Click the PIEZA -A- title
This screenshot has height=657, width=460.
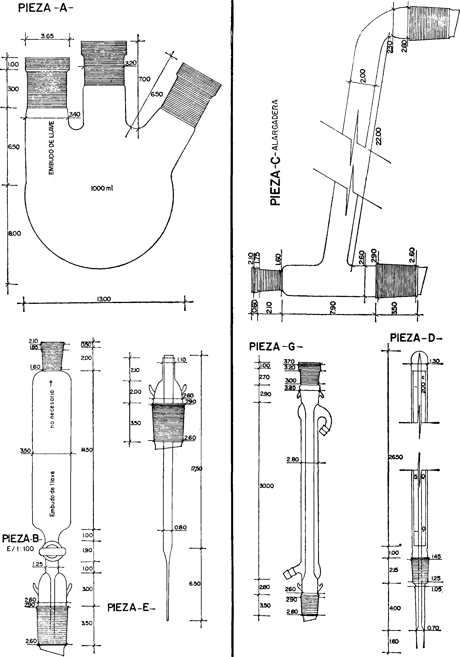46,8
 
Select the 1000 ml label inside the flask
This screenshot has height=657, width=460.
102,188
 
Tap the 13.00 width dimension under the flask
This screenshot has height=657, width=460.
104,299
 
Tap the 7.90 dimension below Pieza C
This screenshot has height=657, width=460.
333,307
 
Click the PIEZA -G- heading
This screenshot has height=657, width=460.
276,347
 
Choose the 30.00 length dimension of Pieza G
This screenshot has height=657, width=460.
266,486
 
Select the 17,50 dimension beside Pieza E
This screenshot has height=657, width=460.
197,469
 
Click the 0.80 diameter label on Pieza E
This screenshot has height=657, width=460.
181,527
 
